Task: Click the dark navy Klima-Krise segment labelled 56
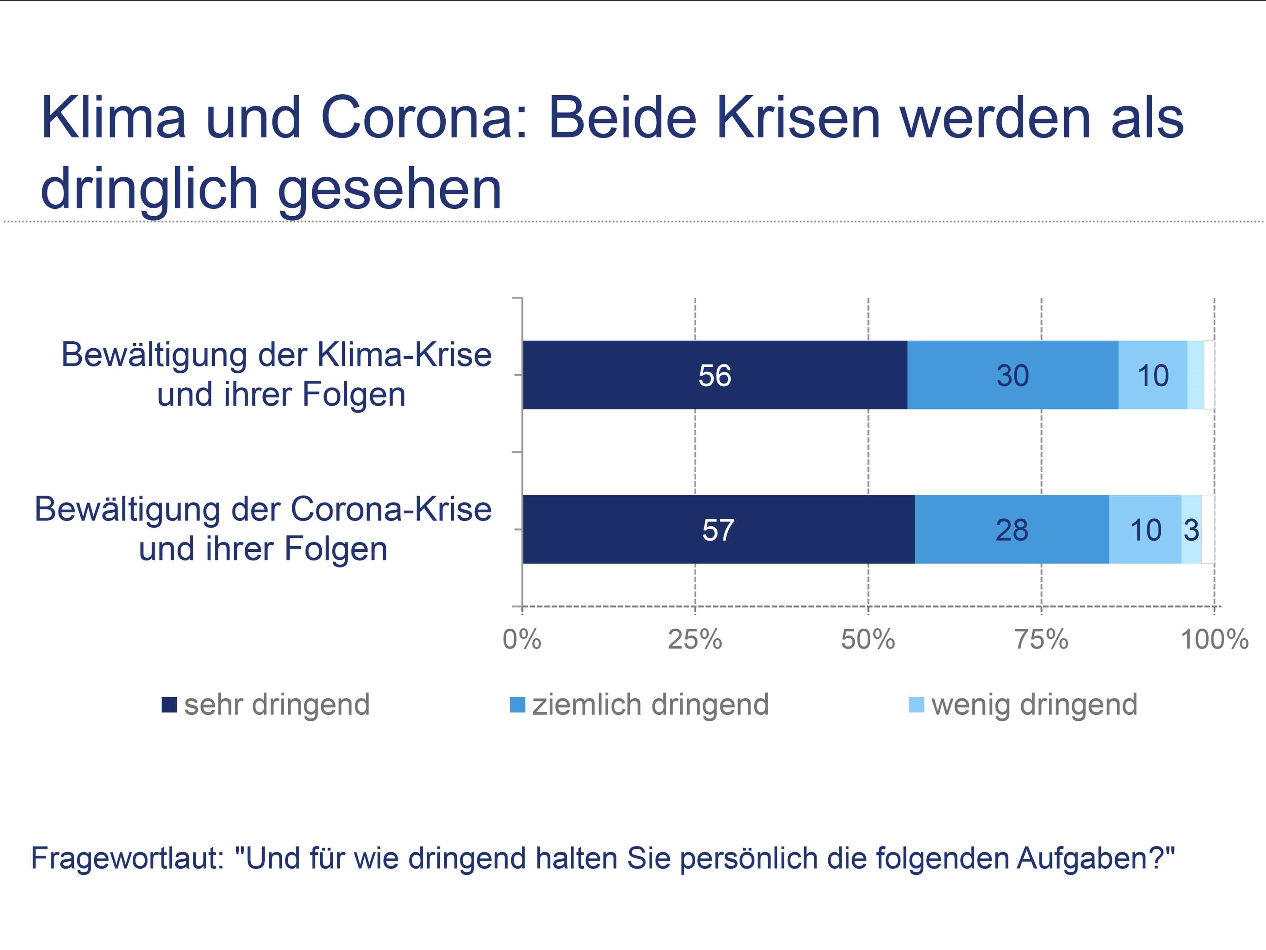click(715, 375)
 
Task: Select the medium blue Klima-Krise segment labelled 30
click(1013, 375)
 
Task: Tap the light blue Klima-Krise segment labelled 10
click(1153, 375)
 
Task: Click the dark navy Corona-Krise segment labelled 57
click(718, 529)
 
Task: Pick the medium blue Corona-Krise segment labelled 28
click(1012, 529)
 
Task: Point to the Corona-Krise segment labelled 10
click(1145, 529)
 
